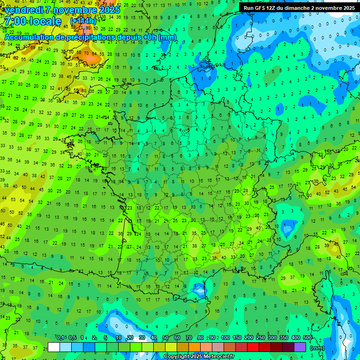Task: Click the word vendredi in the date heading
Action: pos(23,10)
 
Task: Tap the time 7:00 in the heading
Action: pos(15,22)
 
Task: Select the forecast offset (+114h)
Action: pos(83,22)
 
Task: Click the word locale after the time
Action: pos(45,22)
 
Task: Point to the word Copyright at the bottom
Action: pos(177,357)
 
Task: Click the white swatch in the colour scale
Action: pos(54,347)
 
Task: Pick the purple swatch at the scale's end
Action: pos(300,347)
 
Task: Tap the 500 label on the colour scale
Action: pos(307,338)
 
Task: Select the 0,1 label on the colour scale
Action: pos(60,338)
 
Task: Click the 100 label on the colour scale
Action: pos(225,338)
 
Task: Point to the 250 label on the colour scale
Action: pos(261,338)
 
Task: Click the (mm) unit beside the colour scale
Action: pos(317,348)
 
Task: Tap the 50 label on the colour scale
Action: pos(165,338)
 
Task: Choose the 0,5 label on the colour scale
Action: pos(72,338)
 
